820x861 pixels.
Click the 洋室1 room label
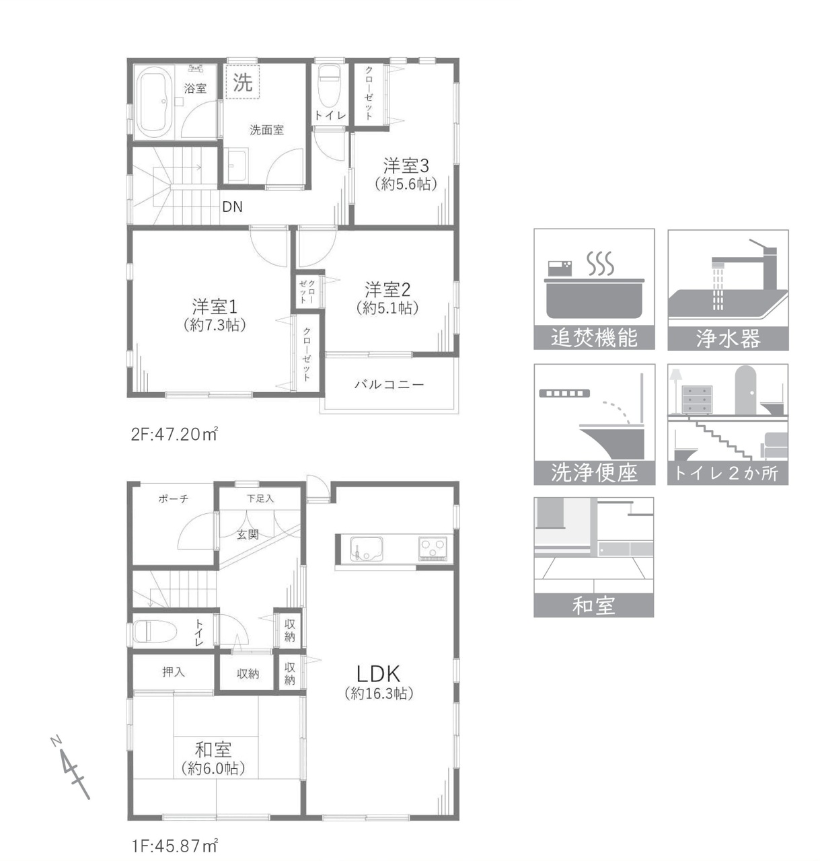(215, 307)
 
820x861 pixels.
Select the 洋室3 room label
(406, 165)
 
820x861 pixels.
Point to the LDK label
(378, 673)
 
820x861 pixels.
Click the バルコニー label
(389, 385)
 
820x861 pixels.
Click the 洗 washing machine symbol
(243, 82)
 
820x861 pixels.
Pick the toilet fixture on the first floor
(155, 632)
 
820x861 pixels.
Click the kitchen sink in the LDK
(366, 548)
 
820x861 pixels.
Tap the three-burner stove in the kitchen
(433, 548)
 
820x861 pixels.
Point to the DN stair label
(232, 207)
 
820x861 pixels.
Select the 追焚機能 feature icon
(594, 289)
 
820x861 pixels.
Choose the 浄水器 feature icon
(728, 289)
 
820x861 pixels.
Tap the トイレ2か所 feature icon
(728, 424)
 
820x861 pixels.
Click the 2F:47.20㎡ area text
(174, 434)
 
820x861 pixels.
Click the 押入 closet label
(174, 671)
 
